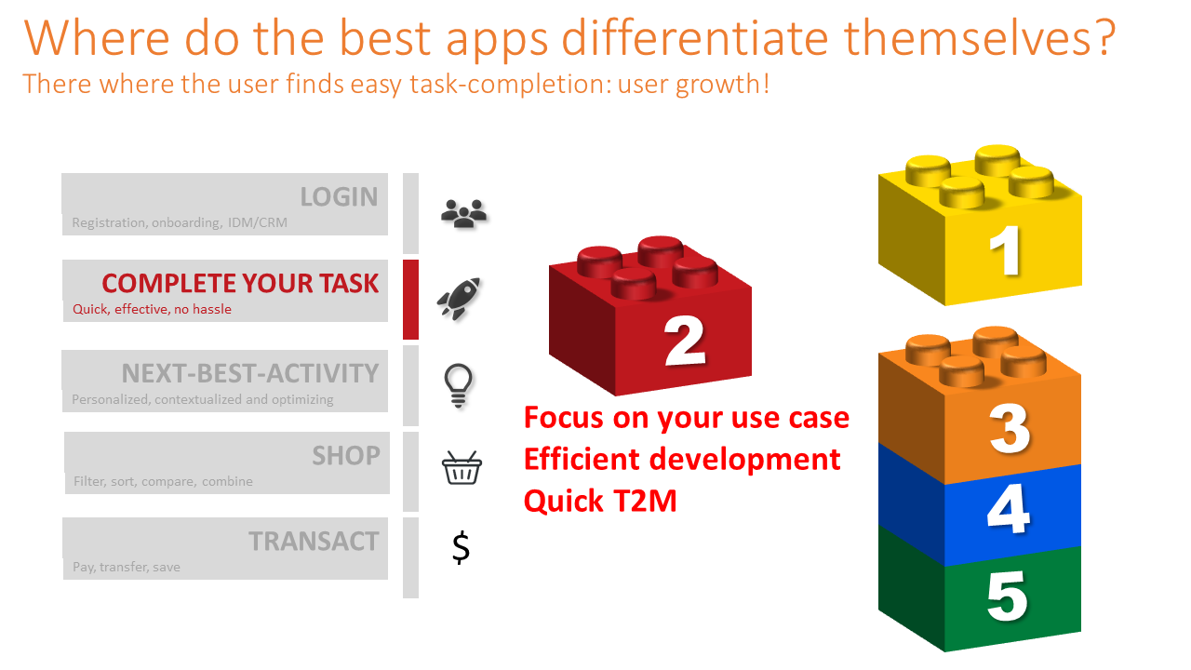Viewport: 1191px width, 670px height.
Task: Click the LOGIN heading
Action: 339,196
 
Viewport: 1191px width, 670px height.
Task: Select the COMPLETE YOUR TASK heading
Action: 240,284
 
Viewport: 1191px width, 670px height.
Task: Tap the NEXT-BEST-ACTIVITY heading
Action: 250,373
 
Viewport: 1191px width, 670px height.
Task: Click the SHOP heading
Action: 345,456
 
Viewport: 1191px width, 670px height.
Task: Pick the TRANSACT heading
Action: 314,542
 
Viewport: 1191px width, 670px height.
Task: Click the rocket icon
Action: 459,299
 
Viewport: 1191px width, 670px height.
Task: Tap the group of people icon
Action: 463,214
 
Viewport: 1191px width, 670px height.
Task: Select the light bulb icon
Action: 458,386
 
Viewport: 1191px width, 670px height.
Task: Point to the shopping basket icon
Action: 462,468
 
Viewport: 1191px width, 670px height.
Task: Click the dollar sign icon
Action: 461,547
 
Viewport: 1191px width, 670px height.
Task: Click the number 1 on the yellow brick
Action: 1005,250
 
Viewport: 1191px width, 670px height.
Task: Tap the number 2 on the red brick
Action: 685,341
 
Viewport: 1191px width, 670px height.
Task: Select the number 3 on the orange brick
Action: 1010,429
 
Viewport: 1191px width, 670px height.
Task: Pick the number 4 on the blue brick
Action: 1008,508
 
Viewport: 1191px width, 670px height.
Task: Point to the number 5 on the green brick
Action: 1007,596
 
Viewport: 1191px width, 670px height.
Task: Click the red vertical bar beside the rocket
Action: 410,300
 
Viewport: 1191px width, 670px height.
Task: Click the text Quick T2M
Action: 600,501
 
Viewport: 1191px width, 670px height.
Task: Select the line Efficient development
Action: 682,459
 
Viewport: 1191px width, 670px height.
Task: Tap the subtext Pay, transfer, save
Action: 127,567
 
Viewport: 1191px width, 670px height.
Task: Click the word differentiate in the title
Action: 695,38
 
